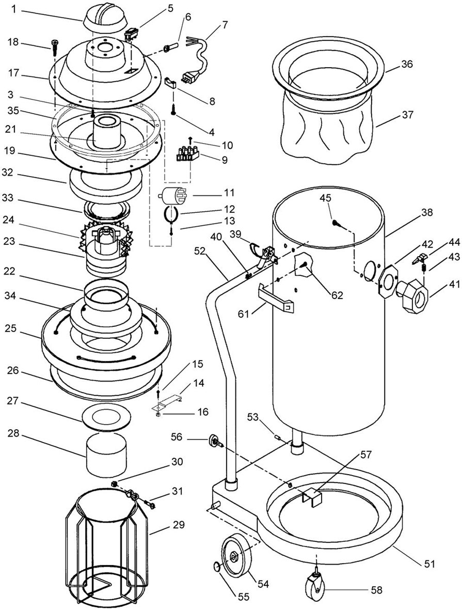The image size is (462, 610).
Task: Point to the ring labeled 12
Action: click(171, 214)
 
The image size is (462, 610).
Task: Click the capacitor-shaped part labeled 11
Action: click(172, 195)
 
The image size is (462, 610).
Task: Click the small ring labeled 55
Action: click(217, 566)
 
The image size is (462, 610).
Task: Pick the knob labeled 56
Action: click(216, 441)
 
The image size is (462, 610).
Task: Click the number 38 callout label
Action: click(426, 213)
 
